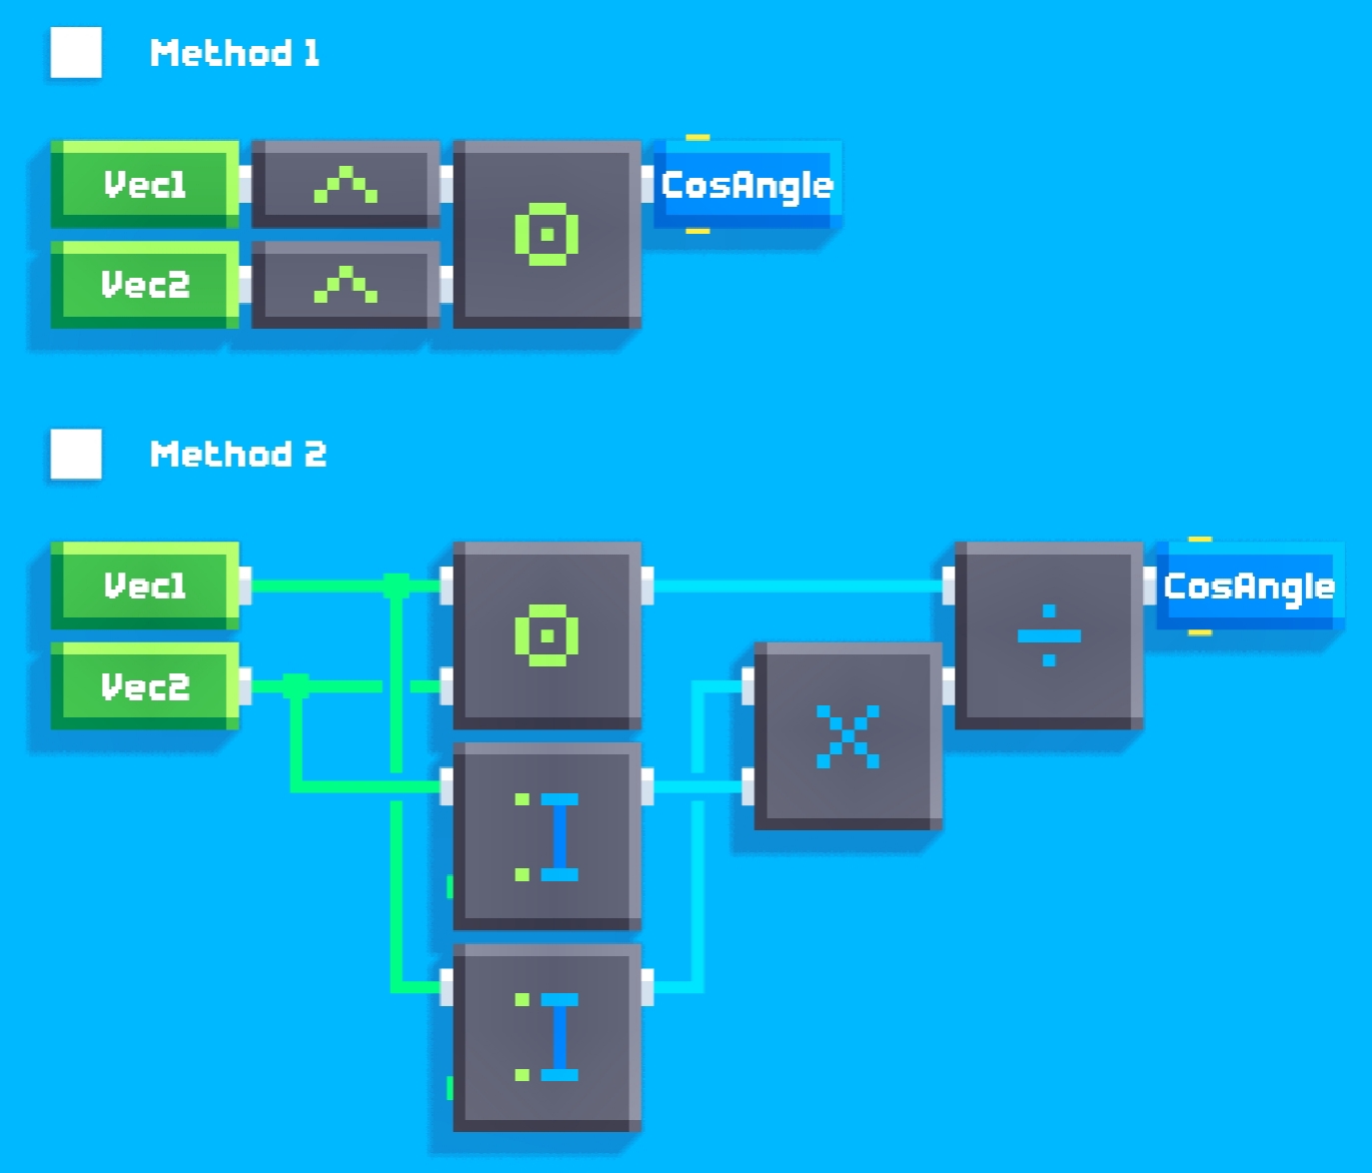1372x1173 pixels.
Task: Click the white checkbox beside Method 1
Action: pos(76,52)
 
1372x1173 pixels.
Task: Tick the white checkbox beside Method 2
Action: pos(76,454)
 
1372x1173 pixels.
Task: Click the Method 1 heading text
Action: pos(234,52)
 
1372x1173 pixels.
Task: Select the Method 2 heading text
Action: pos(238,454)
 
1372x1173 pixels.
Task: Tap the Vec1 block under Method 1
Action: pos(145,185)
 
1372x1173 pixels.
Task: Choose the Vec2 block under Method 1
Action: pos(145,285)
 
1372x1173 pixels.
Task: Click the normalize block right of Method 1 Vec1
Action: pos(346,185)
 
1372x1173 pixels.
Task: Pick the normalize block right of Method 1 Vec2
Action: pos(346,285)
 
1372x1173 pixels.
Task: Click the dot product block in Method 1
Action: pos(547,235)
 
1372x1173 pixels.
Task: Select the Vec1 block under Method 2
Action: pos(145,586)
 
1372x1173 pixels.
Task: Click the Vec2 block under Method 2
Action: pos(145,685)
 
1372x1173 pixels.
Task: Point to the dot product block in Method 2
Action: pos(547,635)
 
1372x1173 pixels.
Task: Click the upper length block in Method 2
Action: pos(547,836)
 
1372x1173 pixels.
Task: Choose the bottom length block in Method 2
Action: pos(547,1037)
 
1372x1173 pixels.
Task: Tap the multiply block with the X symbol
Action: pos(848,736)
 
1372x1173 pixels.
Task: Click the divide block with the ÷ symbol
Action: pos(1049,635)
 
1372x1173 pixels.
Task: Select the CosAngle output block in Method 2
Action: pos(1250,586)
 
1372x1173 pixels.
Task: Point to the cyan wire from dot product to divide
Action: pos(798,586)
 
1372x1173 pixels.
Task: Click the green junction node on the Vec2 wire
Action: pos(296,685)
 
